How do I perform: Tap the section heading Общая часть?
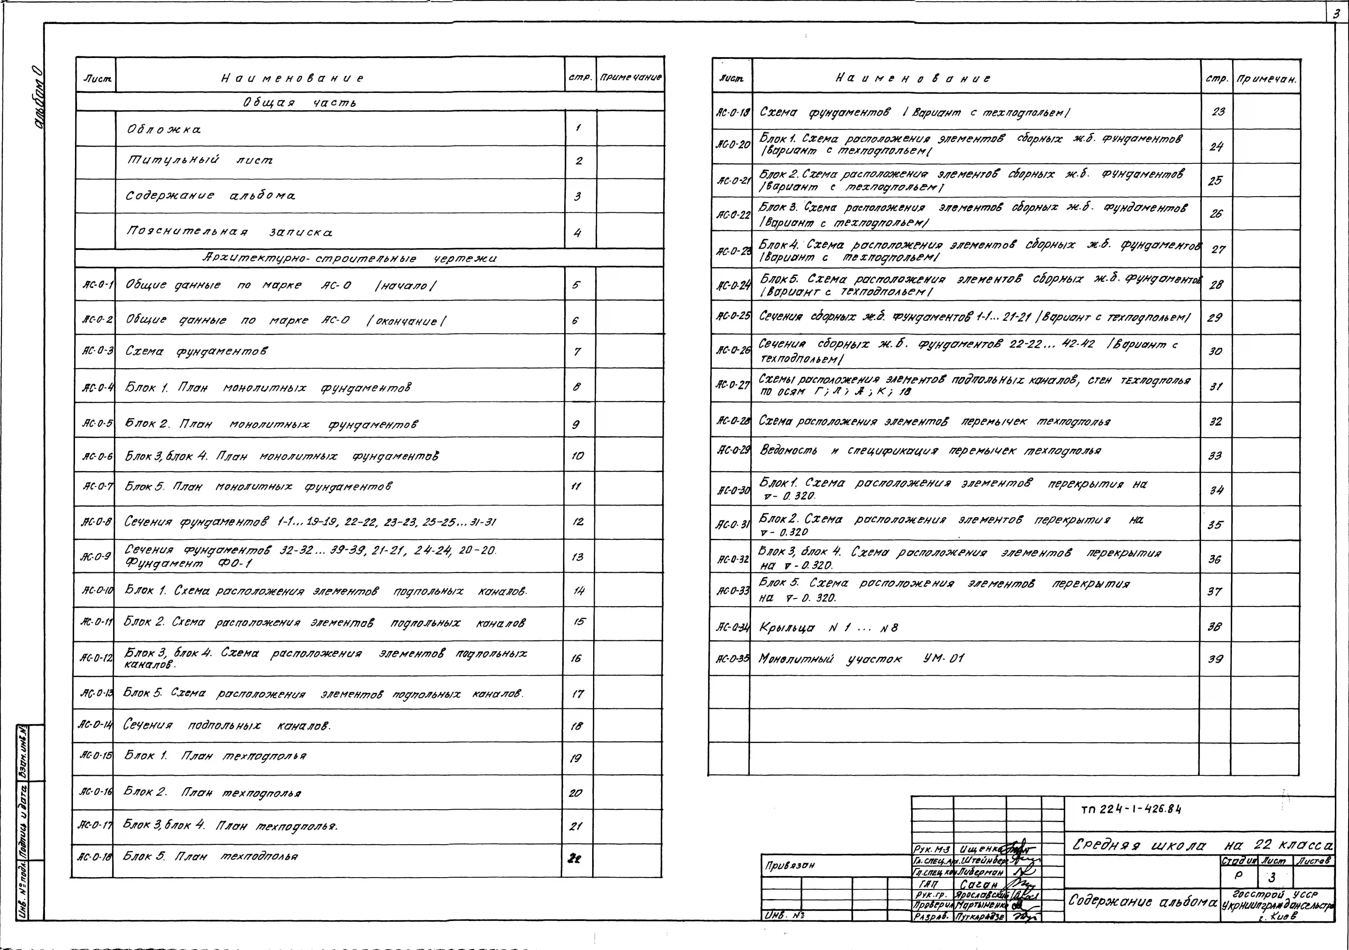[x=300, y=102]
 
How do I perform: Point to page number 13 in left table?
[x=578, y=557]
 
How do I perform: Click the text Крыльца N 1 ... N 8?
[x=828, y=628]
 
